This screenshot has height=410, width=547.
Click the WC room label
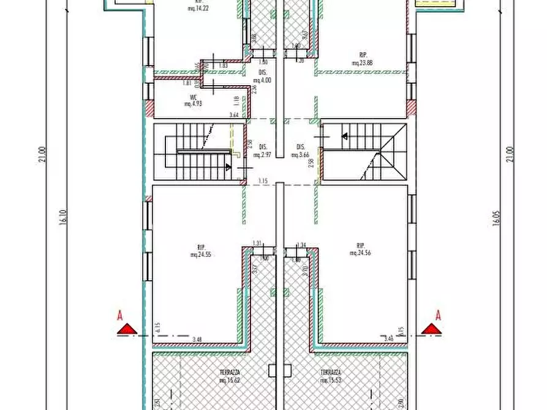193,97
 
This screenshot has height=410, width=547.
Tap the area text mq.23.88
363,63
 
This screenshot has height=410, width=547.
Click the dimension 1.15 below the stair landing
263,181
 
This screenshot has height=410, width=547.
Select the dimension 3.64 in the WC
233,114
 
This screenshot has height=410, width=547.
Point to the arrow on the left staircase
228,166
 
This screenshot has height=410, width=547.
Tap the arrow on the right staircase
344,136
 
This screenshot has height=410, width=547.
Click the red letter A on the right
438,316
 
